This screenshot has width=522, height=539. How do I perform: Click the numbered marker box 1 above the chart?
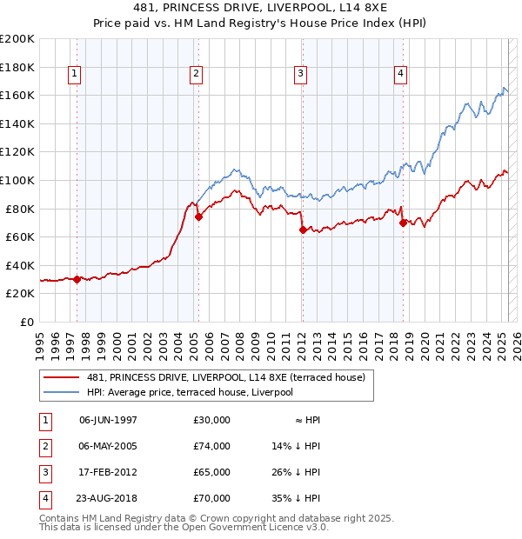[75, 75]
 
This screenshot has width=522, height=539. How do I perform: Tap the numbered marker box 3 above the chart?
[300, 75]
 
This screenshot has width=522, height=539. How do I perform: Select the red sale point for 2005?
[198, 217]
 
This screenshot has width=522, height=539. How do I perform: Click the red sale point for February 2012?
[302, 230]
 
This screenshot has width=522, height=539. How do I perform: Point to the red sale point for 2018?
[403, 223]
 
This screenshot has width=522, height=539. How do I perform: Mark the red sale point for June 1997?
[77, 279]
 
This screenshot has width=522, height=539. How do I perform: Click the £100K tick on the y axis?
[17, 180]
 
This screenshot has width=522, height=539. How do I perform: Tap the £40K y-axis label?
[20, 265]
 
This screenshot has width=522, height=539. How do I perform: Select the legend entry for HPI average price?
[188, 393]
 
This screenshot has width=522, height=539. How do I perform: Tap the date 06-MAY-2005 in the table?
[108, 446]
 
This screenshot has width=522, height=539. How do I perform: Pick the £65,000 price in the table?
[212, 472]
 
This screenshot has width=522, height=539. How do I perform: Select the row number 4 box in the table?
[43, 498]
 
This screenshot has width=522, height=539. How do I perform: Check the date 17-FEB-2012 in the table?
[108, 472]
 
